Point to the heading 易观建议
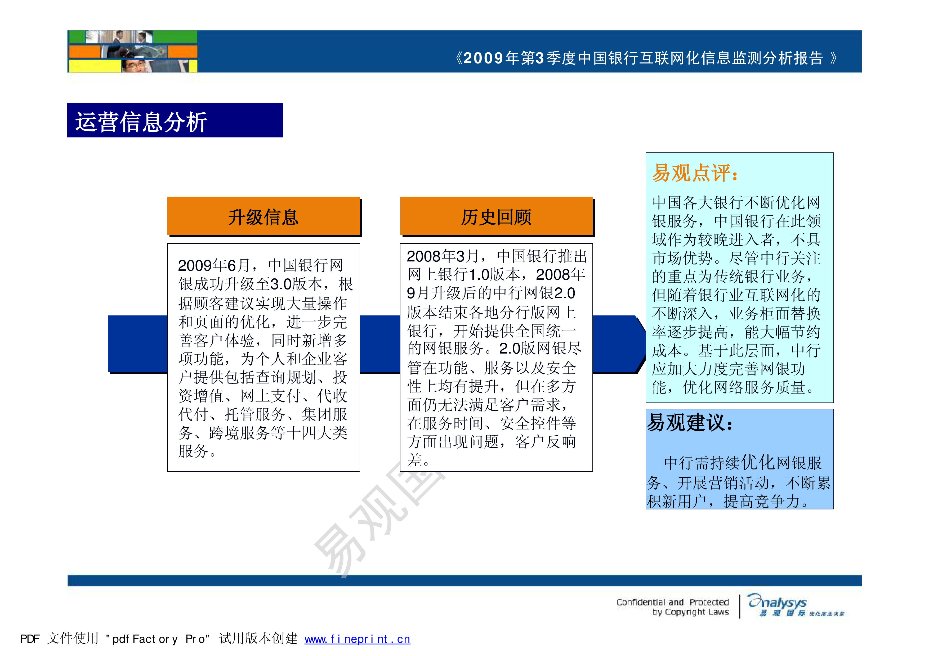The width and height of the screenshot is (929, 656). (x=690, y=423)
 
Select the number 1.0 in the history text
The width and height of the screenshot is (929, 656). (x=480, y=275)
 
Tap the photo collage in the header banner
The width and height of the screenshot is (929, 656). (x=133, y=51)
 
